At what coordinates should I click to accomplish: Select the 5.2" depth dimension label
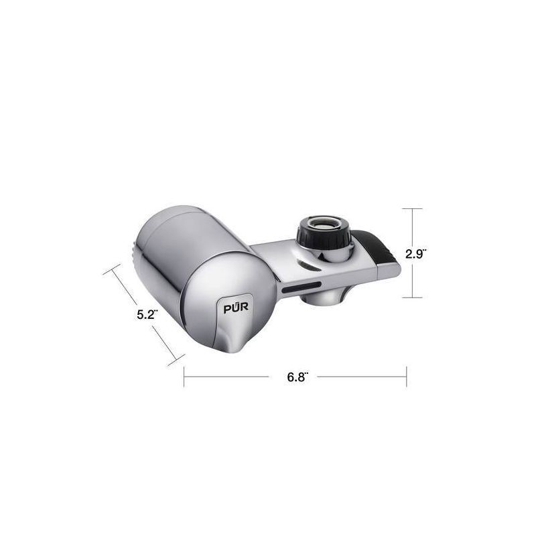tap(147, 314)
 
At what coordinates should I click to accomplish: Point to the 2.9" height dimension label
tap(417, 253)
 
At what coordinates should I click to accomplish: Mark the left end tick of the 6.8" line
tap(184, 377)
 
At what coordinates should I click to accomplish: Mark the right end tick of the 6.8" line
tap(406, 377)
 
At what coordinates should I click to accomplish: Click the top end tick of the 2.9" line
tap(411, 209)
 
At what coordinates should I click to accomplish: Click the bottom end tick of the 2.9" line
tap(411, 297)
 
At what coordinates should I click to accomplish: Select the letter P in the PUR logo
tap(227, 308)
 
